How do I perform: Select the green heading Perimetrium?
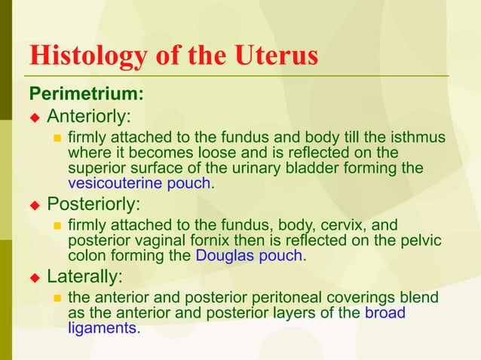[x=86, y=95]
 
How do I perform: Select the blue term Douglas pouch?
[x=249, y=255]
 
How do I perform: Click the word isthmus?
[x=420, y=138]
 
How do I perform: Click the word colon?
[x=87, y=255]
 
